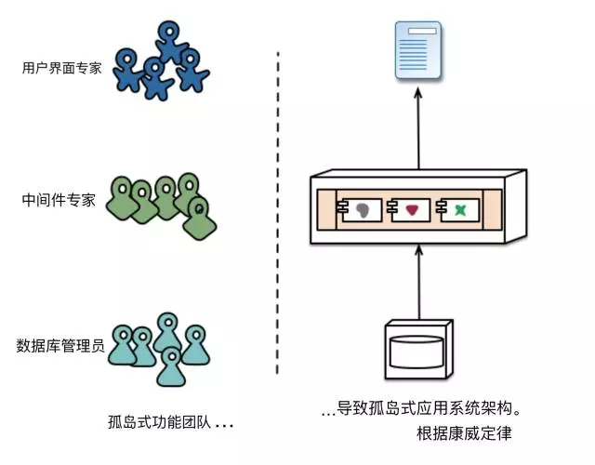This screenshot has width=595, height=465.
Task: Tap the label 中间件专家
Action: coord(59,200)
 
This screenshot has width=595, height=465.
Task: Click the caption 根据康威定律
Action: coord(465,434)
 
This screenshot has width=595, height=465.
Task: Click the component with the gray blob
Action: coord(357,211)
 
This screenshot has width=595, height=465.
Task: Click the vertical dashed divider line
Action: coord(279,214)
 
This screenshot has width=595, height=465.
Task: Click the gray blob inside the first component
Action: coord(363,211)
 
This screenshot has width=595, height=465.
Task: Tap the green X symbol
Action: coord(458,211)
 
